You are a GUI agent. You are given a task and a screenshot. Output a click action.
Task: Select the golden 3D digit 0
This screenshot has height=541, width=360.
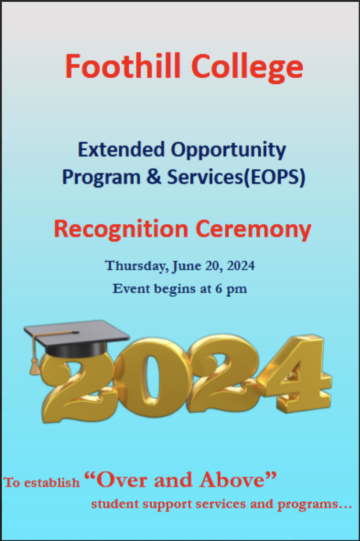click(149, 375)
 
